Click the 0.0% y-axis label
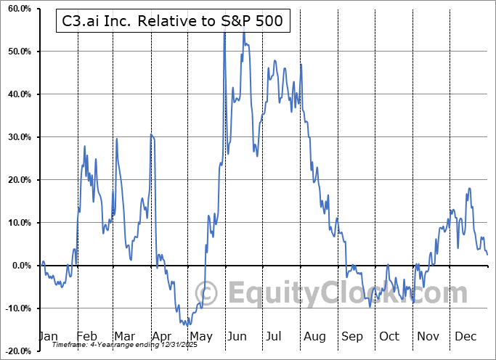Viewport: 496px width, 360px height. pyautogui.click(x=20, y=266)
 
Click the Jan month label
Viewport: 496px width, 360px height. pyautogui.click(x=47, y=337)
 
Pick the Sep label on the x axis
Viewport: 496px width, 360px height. pyautogui.click(x=352, y=337)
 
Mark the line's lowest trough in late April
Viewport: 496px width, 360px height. pyautogui.click(x=186, y=324)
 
